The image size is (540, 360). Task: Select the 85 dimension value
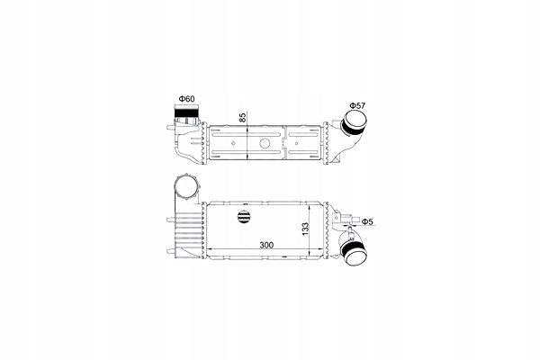click(241, 117)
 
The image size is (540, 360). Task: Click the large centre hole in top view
click(265, 144)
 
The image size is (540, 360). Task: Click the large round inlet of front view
click(188, 192)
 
